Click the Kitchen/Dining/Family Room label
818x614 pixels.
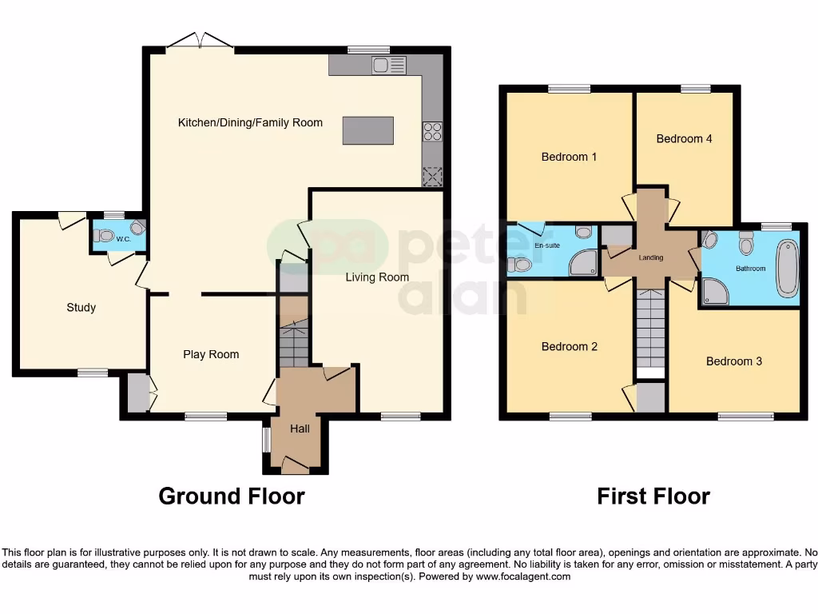(250, 122)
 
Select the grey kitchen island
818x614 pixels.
(367, 130)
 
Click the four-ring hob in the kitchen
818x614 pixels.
(432, 130)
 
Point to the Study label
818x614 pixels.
(81, 307)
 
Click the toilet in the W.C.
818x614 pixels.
(104, 236)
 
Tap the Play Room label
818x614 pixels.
(211, 354)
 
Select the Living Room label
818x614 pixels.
(377, 277)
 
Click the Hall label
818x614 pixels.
(300, 429)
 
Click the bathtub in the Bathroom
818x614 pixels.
(787, 268)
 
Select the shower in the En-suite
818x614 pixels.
(583, 263)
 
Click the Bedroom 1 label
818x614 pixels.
(569, 157)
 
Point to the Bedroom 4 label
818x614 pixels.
(684, 138)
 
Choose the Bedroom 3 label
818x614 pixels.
(733, 361)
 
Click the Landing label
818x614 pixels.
(651, 257)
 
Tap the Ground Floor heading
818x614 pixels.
(232, 496)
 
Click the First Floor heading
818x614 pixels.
(653, 496)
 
